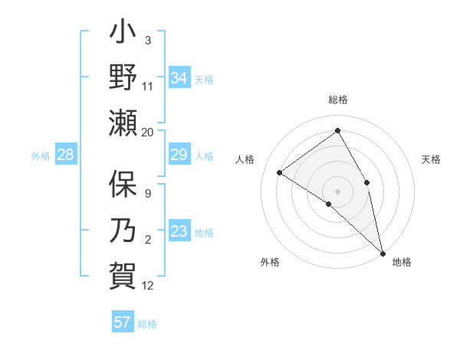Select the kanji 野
(123, 80)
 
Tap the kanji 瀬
(123, 123)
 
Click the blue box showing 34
(179, 77)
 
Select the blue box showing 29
(179, 155)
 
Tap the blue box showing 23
(179, 232)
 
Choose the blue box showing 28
(66, 155)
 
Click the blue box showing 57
(123, 322)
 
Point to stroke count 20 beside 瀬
(148, 132)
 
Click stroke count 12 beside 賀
(148, 286)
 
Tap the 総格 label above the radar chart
(338, 100)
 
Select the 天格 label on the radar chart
(431, 159)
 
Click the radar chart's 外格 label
(269, 262)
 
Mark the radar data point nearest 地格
(383, 252)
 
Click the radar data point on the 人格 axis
(280, 172)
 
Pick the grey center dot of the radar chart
(337, 191)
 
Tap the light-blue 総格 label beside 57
(147, 324)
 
